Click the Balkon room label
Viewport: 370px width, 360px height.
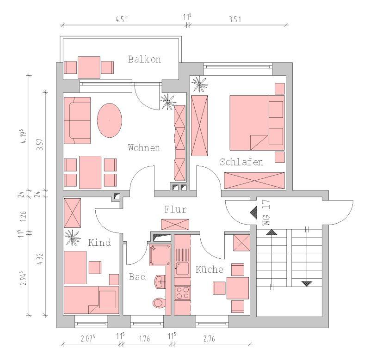pyautogui.click(x=144, y=59)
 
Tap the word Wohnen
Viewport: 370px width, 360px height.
pyautogui.click(x=144, y=148)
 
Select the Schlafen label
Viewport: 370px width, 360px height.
pyautogui.click(x=241, y=162)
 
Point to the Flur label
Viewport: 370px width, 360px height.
pyautogui.click(x=175, y=210)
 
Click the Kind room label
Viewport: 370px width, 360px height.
pyautogui.click(x=99, y=243)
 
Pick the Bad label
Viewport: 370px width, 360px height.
pyautogui.click(x=137, y=277)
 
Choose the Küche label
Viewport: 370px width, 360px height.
pyautogui.click(x=209, y=269)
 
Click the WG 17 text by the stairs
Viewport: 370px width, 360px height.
pyautogui.click(x=266, y=212)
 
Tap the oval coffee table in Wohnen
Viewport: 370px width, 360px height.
pyautogui.click(x=110, y=120)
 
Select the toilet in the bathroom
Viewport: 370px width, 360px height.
pyautogui.click(x=158, y=303)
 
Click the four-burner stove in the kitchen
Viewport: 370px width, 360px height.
pyautogui.click(x=182, y=293)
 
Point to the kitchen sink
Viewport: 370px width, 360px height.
pyautogui.click(x=182, y=266)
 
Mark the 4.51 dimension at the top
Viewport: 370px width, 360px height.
pyautogui.click(x=122, y=19)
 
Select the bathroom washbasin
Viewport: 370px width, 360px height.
pyautogui.click(x=160, y=281)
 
